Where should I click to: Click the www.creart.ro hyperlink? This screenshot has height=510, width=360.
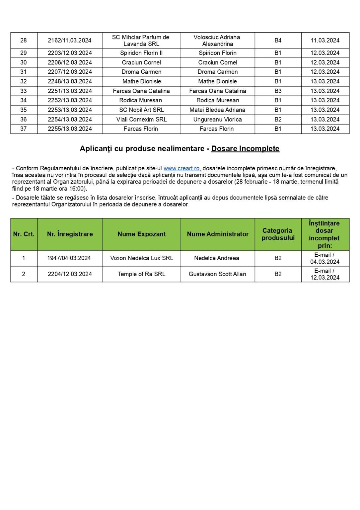[x=181, y=168]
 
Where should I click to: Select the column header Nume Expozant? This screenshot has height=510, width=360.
[x=142, y=234]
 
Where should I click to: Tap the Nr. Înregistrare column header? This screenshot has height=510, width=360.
[x=70, y=234]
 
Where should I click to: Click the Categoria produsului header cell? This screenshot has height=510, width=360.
[x=278, y=234]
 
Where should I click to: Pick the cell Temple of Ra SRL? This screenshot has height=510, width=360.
[x=142, y=274]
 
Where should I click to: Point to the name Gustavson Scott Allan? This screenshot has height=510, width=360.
[x=217, y=274]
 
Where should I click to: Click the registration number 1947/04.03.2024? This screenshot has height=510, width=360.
[x=69, y=258]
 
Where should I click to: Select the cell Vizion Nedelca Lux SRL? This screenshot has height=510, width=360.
[x=142, y=258]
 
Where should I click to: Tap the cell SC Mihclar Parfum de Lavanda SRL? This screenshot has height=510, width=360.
[x=141, y=41]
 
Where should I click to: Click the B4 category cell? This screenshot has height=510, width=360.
[x=278, y=41]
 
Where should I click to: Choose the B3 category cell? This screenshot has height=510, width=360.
[x=278, y=91]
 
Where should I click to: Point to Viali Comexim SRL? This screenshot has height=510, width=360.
[x=142, y=120]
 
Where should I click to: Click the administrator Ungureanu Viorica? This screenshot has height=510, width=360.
[x=218, y=120]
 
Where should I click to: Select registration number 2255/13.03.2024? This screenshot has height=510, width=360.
[x=70, y=129]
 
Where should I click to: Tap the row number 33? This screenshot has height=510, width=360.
[x=24, y=91]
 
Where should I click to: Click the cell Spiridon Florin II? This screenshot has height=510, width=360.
[x=141, y=53]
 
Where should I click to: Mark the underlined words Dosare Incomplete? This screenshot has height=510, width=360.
[x=245, y=149]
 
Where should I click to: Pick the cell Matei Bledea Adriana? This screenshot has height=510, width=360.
[x=217, y=110]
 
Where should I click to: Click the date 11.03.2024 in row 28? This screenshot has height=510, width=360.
[x=325, y=41]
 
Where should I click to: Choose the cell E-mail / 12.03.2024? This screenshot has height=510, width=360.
[x=325, y=274]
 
